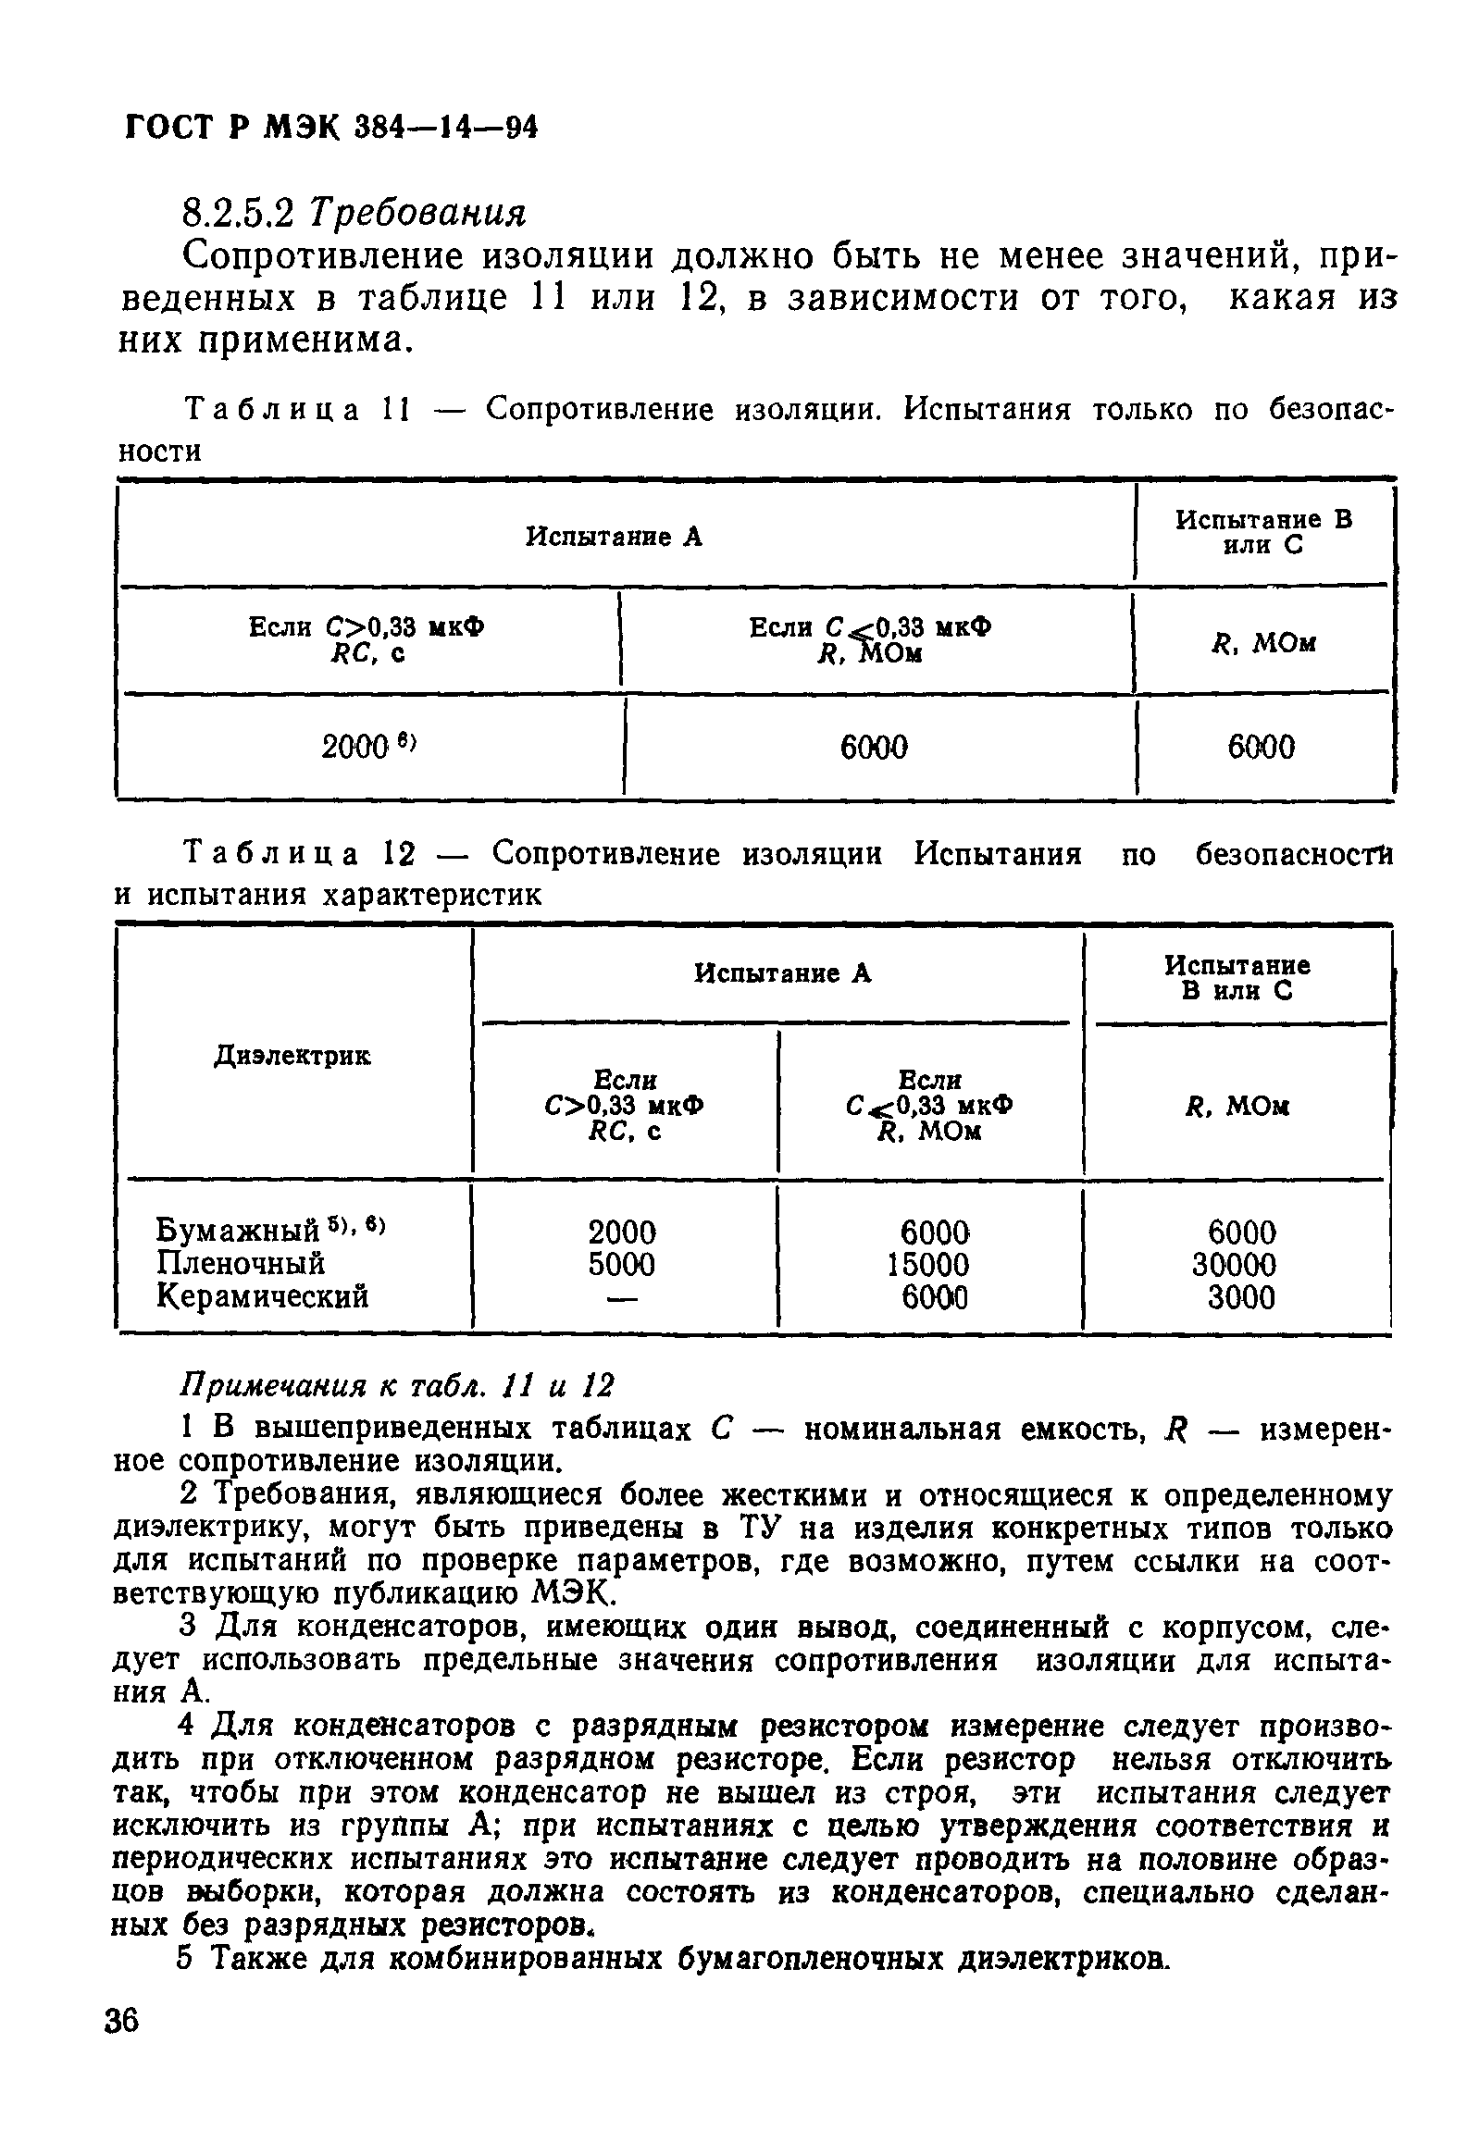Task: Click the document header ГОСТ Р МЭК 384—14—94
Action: tap(331, 127)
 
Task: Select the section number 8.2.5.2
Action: tap(238, 214)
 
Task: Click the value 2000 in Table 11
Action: tap(354, 747)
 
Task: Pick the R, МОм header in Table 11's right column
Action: tap(1265, 642)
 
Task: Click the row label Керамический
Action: tap(263, 1295)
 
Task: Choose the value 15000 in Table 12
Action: tap(928, 1264)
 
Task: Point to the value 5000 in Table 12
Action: tap(621, 1264)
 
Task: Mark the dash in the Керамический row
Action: tap(622, 1299)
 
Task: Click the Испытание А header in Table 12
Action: tap(783, 973)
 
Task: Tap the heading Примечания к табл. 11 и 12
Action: tap(396, 1386)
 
